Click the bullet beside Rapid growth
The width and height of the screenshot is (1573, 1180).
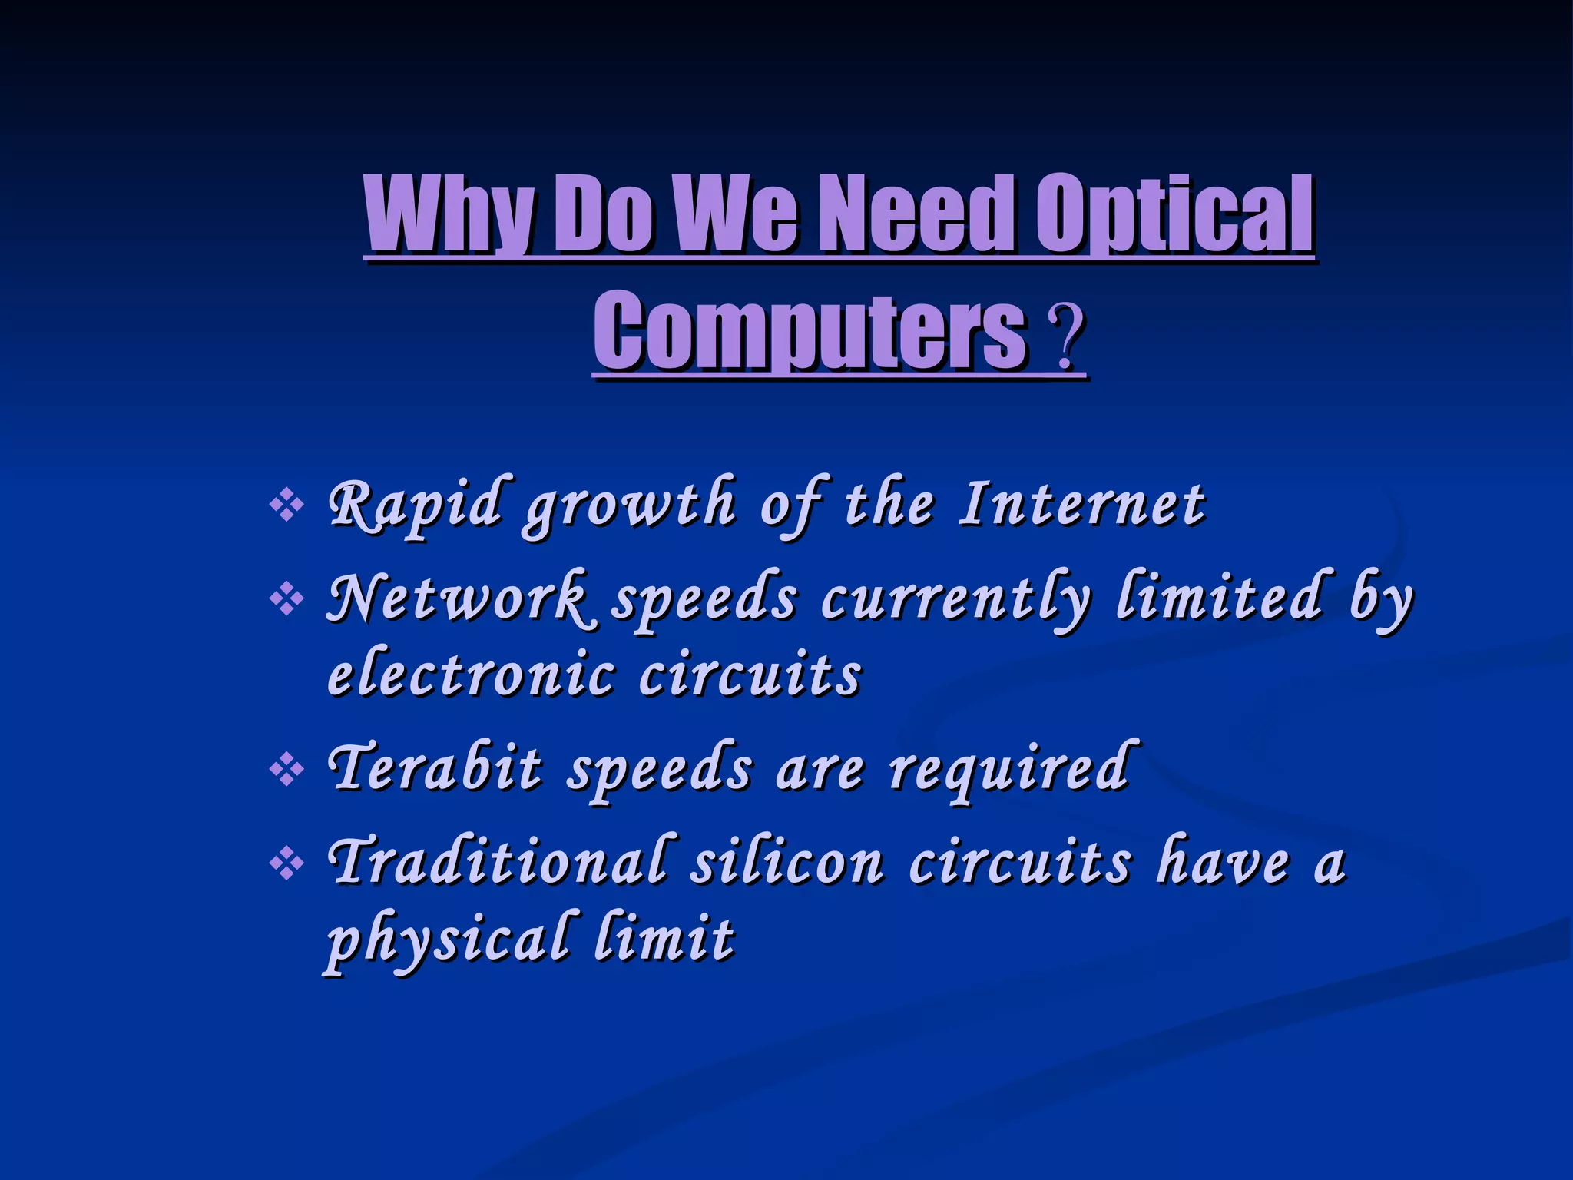(x=287, y=506)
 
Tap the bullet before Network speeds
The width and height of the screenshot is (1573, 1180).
(x=287, y=600)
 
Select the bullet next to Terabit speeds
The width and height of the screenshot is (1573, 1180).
(x=287, y=771)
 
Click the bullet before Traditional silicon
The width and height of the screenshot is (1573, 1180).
(x=287, y=864)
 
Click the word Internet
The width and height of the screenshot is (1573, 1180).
(x=1081, y=505)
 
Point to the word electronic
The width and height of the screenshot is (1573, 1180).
(x=472, y=675)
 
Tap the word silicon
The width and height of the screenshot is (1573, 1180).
(x=787, y=862)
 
